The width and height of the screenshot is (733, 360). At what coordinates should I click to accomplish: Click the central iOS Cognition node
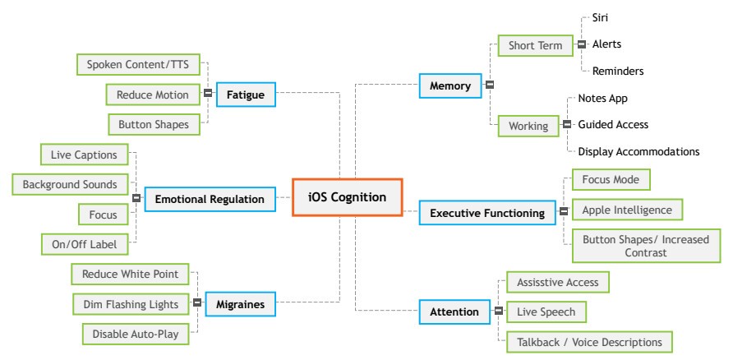click(x=347, y=197)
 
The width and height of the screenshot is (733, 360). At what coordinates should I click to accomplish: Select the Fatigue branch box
click(x=246, y=95)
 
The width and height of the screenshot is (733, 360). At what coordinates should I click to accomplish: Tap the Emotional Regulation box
click(x=210, y=199)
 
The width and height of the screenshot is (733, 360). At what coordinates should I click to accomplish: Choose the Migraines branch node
click(x=240, y=304)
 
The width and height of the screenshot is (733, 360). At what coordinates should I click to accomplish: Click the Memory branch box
click(x=450, y=85)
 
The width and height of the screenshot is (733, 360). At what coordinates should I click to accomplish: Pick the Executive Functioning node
click(x=487, y=214)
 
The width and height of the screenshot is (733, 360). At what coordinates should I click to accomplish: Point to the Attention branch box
click(x=454, y=312)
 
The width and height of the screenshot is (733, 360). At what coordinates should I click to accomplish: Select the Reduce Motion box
click(x=152, y=95)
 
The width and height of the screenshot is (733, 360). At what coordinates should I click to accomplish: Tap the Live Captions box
click(x=84, y=154)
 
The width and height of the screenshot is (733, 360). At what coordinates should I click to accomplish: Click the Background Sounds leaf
click(x=69, y=184)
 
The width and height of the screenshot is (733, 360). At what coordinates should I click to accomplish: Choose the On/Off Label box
click(x=84, y=244)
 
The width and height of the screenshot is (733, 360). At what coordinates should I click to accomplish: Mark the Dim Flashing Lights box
click(x=131, y=304)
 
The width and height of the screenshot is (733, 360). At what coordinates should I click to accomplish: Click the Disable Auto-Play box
click(x=135, y=335)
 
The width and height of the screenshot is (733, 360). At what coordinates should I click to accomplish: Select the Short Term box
click(x=535, y=45)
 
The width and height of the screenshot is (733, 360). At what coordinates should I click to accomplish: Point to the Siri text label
click(x=601, y=16)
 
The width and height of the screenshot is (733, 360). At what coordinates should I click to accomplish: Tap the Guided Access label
click(x=613, y=125)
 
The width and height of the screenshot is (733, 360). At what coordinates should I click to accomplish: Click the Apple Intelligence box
click(x=626, y=210)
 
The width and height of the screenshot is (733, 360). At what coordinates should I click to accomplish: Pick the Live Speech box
click(x=546, y=312)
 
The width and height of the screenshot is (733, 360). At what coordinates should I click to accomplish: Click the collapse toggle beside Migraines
click(x=196, y=304)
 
